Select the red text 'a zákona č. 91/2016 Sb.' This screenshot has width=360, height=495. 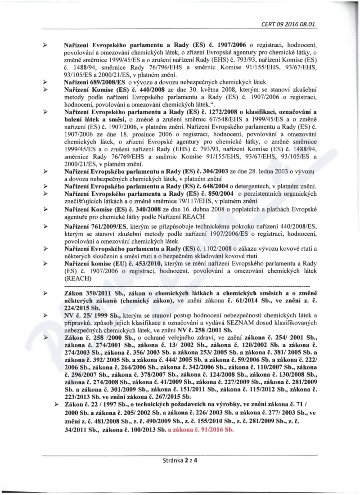click(x=201, y=430)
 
